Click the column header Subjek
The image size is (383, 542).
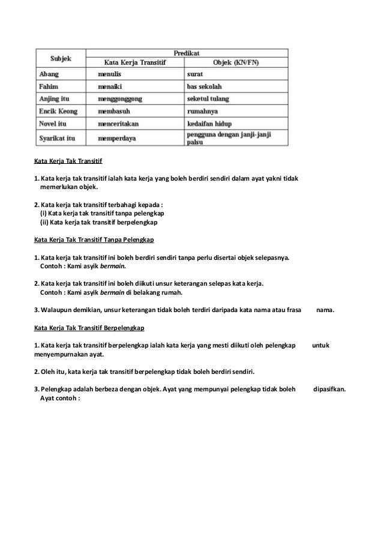(61, 58)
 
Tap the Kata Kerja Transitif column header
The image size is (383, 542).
(135, 62)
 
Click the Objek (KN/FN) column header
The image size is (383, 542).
(237, 62)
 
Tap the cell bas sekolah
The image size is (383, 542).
(205, 86)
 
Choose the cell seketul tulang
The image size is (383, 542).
(208, 98)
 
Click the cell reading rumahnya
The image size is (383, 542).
(202, 111)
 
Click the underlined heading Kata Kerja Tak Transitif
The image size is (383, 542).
(68, 161)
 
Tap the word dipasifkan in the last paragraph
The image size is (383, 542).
(330, 388)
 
